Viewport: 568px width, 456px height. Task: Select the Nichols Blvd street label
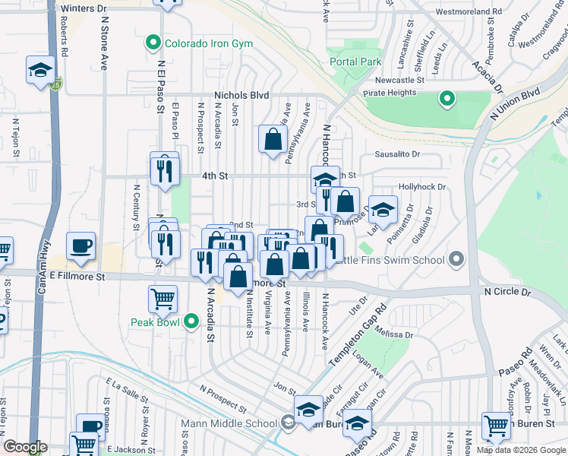(241, 95)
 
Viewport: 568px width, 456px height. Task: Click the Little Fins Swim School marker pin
(456, 260)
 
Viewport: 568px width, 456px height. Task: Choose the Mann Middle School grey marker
(288, 423)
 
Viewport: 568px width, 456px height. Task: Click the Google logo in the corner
(25, 448)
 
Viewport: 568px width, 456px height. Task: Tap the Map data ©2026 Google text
(521, 450)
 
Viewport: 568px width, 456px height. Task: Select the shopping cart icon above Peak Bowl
(163, 299)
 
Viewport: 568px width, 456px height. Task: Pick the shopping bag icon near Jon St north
(272, 139)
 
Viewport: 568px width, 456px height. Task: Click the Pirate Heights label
(390, 93)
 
